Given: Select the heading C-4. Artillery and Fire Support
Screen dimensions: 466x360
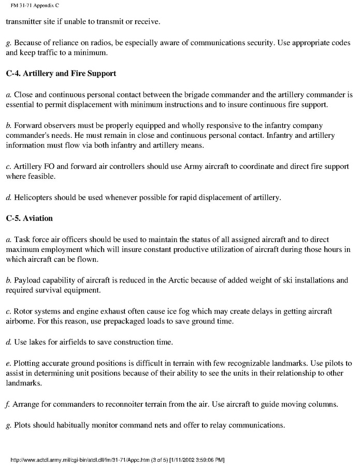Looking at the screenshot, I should tap(61, 74).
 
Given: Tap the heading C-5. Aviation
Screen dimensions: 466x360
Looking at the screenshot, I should tap(30, 218).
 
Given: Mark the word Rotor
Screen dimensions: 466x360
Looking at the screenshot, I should tap(23, 311).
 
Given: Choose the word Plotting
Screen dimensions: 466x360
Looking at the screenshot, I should tap(27, 362).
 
